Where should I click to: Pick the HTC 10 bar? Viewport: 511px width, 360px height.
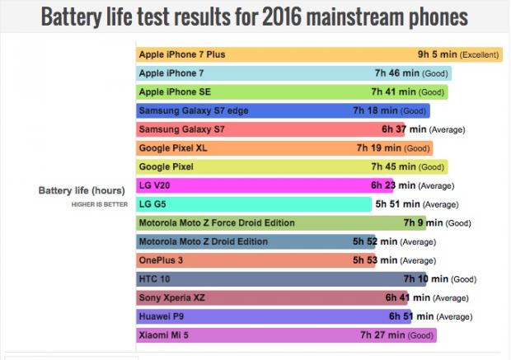(280, 279)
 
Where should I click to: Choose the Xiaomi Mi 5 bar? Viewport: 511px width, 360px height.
(285, 335)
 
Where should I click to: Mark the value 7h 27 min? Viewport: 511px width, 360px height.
(382, 335)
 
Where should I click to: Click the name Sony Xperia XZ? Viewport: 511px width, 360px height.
(174, 298)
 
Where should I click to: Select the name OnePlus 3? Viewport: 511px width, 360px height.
(162, 260)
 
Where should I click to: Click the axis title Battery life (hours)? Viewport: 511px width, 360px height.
(82, 190)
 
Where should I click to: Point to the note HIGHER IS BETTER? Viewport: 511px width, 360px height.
(97, 204)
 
